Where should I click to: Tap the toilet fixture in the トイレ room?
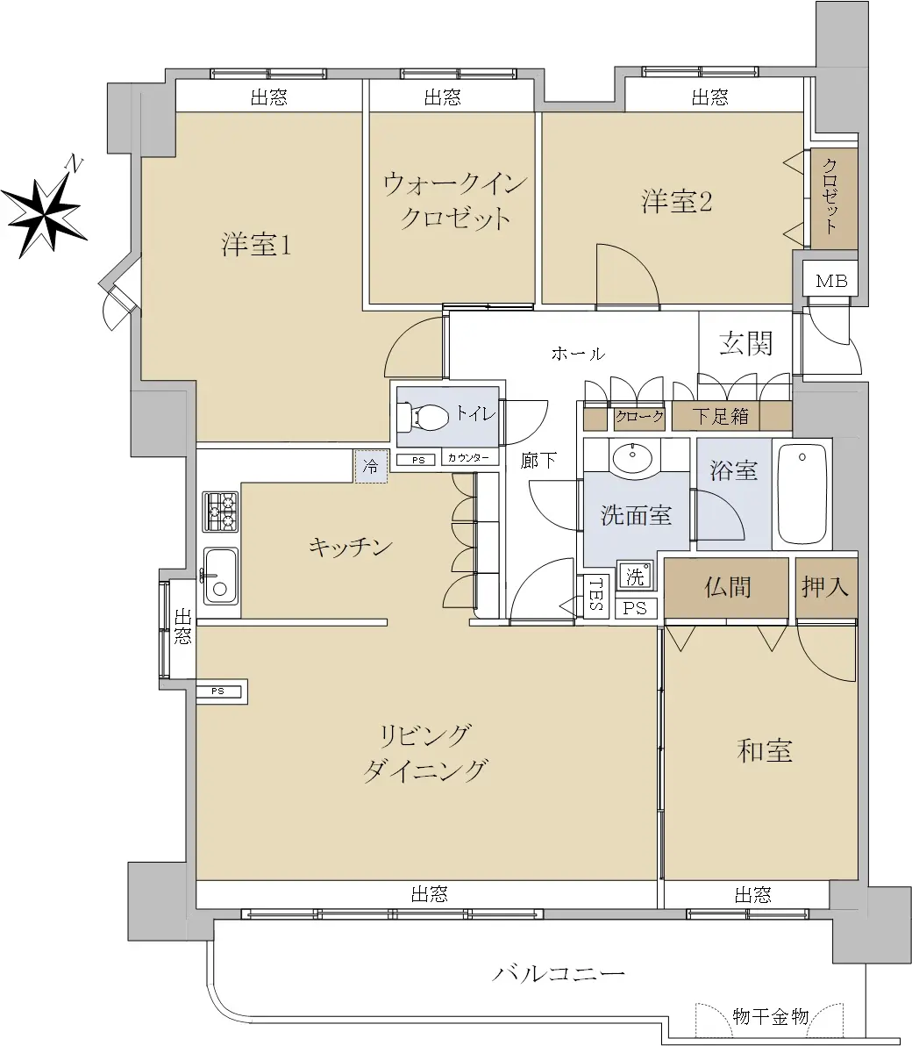click(x=422, y=418)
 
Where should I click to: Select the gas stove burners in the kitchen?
click(x=221, y=512)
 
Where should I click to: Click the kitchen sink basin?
click(x=221, y=576)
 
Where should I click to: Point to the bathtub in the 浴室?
click(x=802, y=494)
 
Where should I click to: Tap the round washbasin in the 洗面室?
click(x=632, y=458)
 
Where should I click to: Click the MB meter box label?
click(x=831, y=281)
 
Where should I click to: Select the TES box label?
click(x=596, y=594)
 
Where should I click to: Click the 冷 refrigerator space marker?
click(x=371, y=466)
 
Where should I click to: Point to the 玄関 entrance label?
click(x=745, y=344)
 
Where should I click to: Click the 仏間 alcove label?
click(x=727, y=587)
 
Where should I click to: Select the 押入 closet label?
click(x=824, y=586)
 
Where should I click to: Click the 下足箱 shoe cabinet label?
click(x=720, y=416)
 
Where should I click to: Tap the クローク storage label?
click(x=639, y=417)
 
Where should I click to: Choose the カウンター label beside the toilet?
click(x=468, y=458)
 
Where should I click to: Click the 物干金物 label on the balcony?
click(x=770, y=1017)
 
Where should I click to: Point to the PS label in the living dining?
click(x=218, y=691)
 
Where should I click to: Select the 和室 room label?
click(x=765, y=751)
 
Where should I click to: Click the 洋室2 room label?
click(x=677, y=202)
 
